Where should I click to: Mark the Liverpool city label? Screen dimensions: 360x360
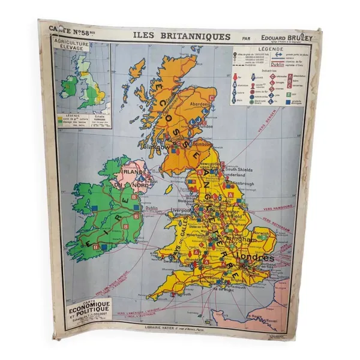(181, 211)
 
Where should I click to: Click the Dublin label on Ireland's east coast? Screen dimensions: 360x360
(149, 209)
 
